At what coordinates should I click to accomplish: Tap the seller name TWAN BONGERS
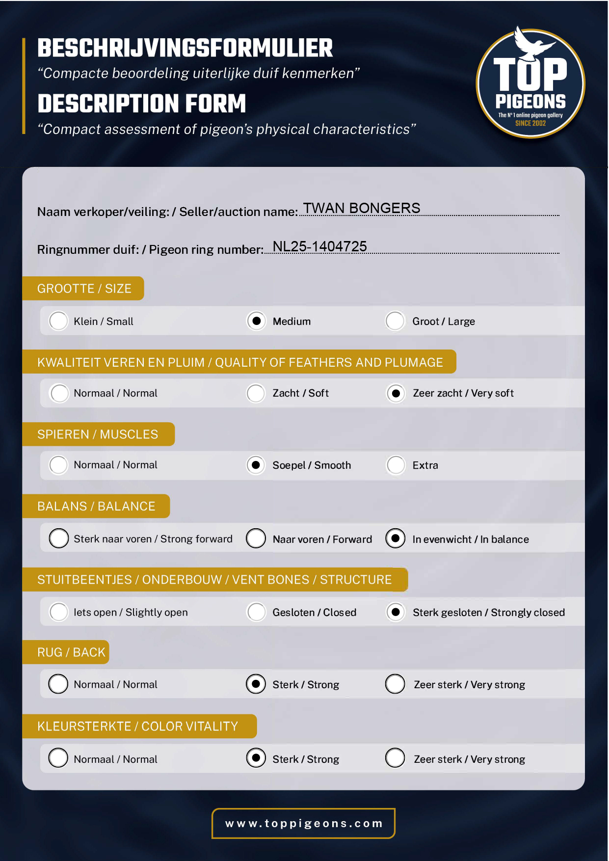tap(361, 208)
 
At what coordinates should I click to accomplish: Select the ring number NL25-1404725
tap(319, 246)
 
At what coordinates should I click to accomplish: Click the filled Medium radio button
tap(256, 321)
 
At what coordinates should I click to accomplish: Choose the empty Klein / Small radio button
tap(58, 321)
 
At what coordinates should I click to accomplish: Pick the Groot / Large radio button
tap(395, 321)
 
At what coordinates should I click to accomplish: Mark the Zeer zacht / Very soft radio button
tap(396, 393)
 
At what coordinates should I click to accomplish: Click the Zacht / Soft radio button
tap(256, 393)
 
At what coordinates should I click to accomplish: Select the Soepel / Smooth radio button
tap(256, 465)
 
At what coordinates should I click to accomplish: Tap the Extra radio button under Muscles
tap(396, 465)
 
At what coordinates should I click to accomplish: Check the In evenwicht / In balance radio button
tap(396, 538)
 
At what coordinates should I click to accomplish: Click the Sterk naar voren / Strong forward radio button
tap(59, 538)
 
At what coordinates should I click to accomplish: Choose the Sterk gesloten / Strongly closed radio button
tap(396, 612)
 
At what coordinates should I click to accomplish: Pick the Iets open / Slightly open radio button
tap(59, 612)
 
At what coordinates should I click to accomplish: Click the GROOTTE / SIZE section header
tap(84, 289)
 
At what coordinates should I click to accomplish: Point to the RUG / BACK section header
tap(71, 652)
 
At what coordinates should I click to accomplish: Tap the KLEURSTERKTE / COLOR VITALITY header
tap(138, 726)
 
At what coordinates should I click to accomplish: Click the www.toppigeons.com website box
tap(303, 823)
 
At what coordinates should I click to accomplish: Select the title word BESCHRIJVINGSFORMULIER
tap(185, 48)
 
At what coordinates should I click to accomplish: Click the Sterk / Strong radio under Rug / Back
tap(256, 684)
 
